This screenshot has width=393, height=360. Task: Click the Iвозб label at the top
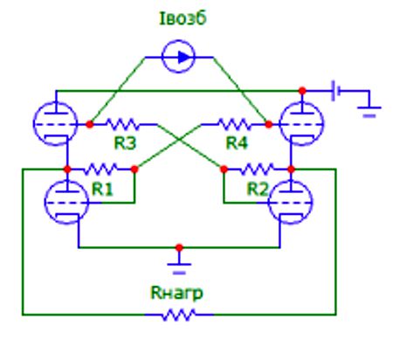point(183,18)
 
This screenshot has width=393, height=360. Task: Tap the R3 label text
point(125,142)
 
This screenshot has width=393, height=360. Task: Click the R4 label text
point(237,142)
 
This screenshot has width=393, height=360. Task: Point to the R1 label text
point(102,189)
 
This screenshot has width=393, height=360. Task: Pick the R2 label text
point(258,189)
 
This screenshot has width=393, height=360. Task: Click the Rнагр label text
point(176,293)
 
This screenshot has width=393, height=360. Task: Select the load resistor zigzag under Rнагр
point(178,315)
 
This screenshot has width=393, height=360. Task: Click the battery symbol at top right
point(335,91)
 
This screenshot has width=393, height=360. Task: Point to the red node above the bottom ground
point(179,248)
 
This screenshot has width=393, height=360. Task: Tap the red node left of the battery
point(302,91)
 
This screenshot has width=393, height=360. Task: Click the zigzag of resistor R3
point(123,124)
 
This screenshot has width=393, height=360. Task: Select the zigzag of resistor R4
point(235,124)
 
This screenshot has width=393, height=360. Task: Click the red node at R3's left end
point(90,124)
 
